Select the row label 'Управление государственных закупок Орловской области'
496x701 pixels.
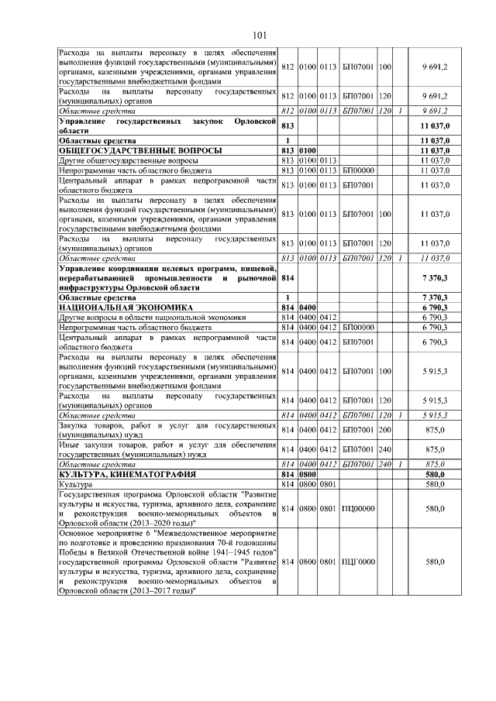tap(168, 126)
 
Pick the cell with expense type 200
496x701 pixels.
tap(385, 429)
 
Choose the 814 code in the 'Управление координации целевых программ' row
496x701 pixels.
tap(288, 276)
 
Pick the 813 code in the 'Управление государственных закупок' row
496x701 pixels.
tap(288, 126)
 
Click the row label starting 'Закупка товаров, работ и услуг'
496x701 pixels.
tap(168, 429)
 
